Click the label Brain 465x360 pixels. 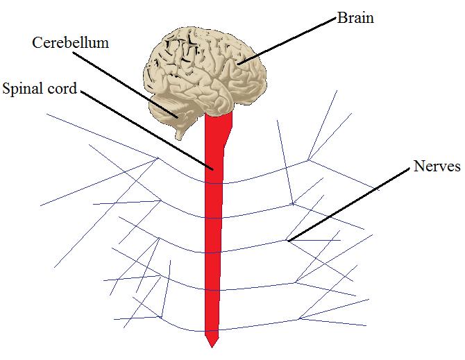coord(355,18)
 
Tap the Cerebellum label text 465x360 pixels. coord(71,43)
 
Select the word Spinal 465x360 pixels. coord(23,89)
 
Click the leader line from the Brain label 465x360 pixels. coord(288,42)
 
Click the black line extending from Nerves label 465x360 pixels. coord(347,205)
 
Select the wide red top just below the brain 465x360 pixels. coord(221,125)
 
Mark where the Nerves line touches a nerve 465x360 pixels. coord(289,241)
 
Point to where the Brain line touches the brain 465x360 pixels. coord(239,65)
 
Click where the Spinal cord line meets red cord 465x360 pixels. coord(212,167)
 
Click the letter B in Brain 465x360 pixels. coord(341,18)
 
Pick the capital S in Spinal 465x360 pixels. coord(7,89)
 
